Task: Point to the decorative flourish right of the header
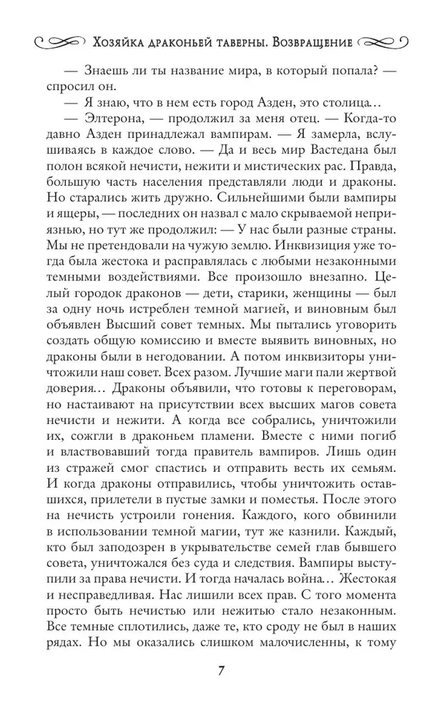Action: (383, 42)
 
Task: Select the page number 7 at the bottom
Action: (222, 672)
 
